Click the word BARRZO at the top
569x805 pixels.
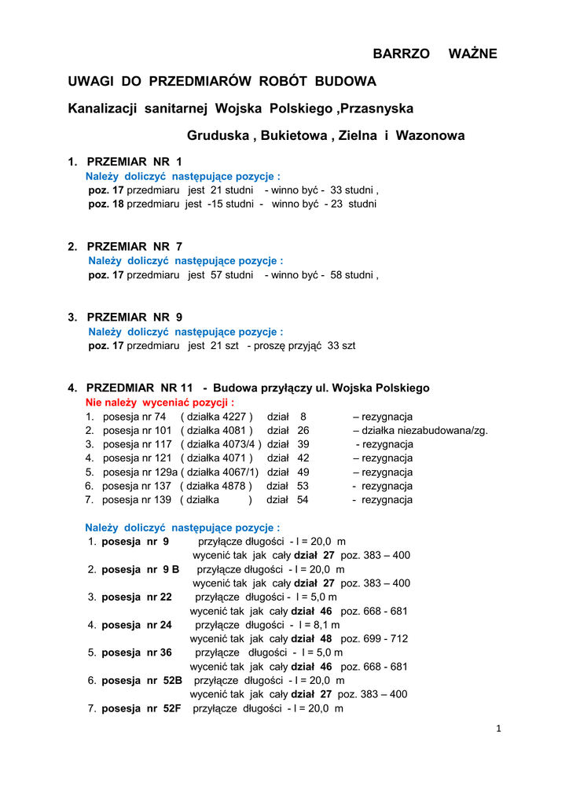point(401,53)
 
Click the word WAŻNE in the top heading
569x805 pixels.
point(472,53)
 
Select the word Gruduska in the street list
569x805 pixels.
point(218,135)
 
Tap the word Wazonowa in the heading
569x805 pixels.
point(430,135)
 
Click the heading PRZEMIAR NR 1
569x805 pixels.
point(134,162)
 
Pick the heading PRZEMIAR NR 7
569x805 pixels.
point(134,246)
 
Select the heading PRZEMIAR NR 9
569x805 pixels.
point(134,317)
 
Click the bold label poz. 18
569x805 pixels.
point(106,204)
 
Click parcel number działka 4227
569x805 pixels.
point(217,417)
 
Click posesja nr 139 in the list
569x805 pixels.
point(136,500)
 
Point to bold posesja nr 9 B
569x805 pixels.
point(141,569)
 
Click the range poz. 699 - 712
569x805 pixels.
point(374,638)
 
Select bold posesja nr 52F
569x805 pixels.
point(141,708)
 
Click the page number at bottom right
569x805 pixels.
point(498,728)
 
